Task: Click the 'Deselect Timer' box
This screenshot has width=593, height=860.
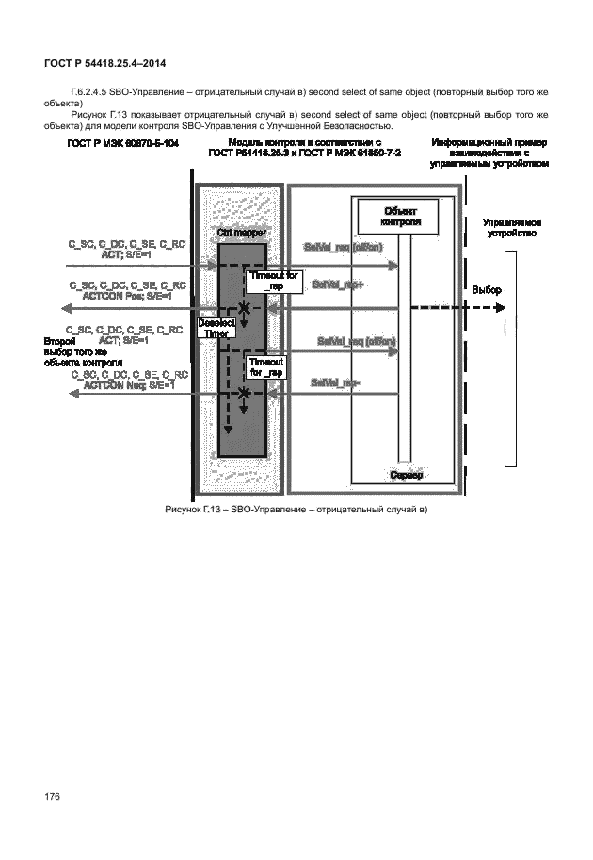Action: [216, 327]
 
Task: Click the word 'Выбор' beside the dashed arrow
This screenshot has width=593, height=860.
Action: [487, 290]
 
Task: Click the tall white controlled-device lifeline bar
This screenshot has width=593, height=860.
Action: [510, 358]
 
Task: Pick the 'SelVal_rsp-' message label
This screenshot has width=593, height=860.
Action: [335, 381]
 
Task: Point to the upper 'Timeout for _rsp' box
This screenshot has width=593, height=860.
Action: [274, 280]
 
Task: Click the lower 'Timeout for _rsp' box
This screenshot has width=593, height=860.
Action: [264, 367]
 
